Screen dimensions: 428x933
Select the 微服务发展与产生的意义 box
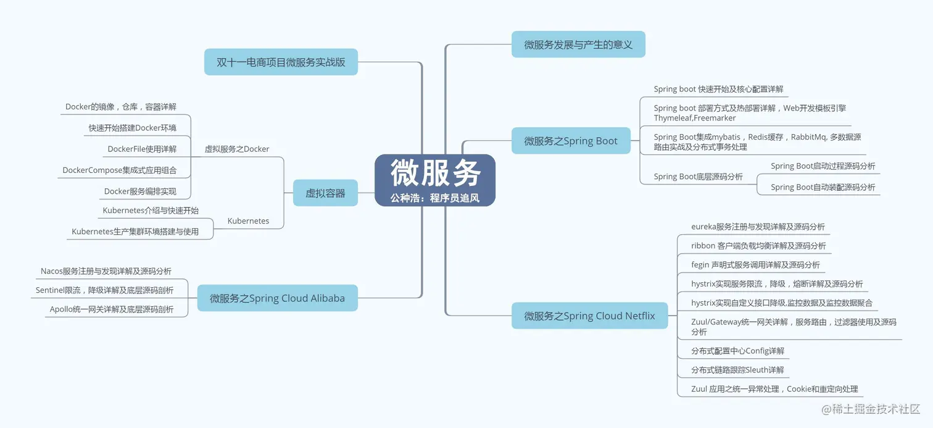click(x=578, y=44)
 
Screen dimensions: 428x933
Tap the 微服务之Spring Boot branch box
click(x=571, y=141)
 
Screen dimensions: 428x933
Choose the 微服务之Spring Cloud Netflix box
click(x=589, y=316)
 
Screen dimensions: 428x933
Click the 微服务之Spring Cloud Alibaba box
click(x=277, y=298)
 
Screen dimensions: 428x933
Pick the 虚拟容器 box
click(x=325, y=193)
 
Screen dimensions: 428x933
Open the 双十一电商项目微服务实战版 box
click(x=281, y=62)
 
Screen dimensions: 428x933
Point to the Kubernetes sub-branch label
click(x=248, y=220)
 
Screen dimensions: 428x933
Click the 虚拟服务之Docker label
click(x=237, y=149)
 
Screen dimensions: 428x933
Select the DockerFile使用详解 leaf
click(x=142, y=149)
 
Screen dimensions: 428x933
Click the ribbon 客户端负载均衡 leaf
click(x=758, y=246)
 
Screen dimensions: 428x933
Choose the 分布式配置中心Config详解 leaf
click(x=737, y=351)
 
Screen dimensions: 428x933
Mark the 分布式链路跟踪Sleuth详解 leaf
click(x=737, y=370)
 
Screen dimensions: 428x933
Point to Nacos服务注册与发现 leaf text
click(x=106, y=271)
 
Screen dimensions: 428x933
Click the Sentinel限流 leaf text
click(x=104, y=290)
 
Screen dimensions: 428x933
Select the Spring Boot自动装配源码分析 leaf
click(x=823, y=187)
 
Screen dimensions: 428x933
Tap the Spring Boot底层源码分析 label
click(x=699, y=177)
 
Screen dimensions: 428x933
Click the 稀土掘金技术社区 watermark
click(x=870, y=409)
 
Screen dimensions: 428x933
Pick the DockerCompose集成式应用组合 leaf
click(x=120, y=170)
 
